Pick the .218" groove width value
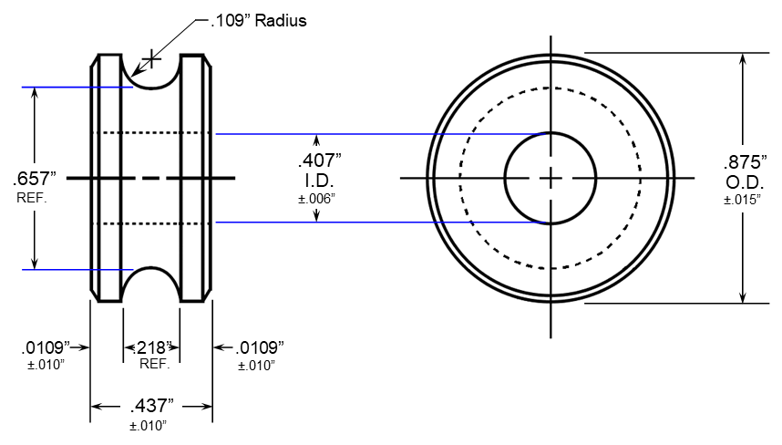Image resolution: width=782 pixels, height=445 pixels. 151,347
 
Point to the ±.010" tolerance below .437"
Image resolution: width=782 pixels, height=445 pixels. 151,425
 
